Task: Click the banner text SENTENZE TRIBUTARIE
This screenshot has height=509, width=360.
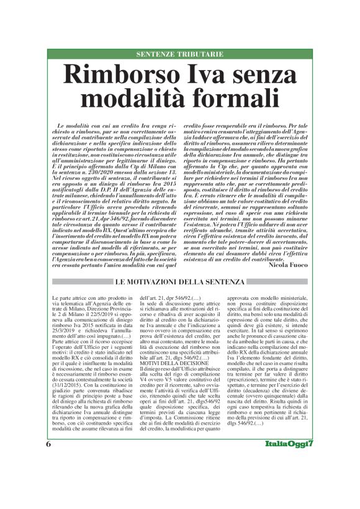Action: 179,55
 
